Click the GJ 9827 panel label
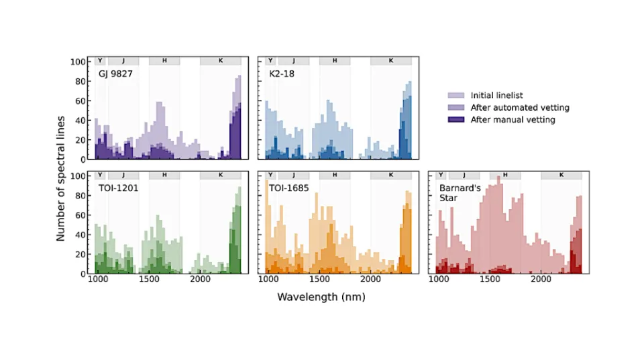[115, 74]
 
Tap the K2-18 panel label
[281, 74]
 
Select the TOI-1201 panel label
[118, 188]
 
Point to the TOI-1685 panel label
[288, 188]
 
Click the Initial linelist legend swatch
[456, 95]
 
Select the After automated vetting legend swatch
[456, 107]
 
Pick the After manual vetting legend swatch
[456, 119]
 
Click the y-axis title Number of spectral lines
[60, 178]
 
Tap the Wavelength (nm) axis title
[321, 297]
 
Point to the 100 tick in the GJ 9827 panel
[78, 62]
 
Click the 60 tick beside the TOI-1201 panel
[80, 215]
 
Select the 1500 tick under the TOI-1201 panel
[149, 279]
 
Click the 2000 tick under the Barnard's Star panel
[541, 279]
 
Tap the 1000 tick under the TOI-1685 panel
[268, 279]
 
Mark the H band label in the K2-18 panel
[335, 61]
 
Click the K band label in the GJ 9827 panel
[221, 61]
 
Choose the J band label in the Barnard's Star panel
[464, 175]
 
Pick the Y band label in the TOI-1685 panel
[270, 175]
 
